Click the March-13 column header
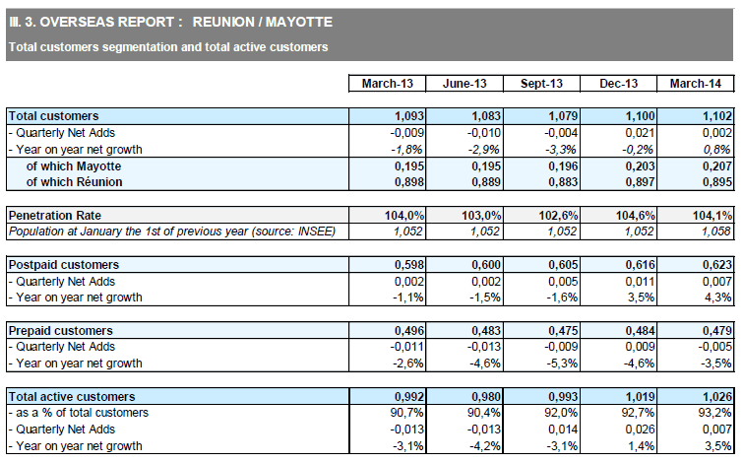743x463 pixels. click(387, 84)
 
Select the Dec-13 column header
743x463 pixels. click(618, 84)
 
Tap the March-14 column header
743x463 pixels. click(695, 84)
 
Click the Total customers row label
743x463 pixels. click(53, 116)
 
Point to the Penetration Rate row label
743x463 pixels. click(55, 216)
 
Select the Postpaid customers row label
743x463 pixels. click(64, 265)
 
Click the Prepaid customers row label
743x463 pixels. click(61, 331)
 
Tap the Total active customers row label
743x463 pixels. click(72, 397)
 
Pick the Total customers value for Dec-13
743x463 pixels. click(640, 116)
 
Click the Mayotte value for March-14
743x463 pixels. click(717, 166)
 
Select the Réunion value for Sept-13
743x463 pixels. click(563, 182)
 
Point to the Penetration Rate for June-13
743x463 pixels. click(481, 216)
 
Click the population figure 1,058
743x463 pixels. click(716, 231)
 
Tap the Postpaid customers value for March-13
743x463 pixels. click(409, 265)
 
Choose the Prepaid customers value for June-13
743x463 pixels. click(486, 331)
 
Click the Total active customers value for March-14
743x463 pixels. click(717, 397)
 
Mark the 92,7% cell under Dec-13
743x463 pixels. click(639, 413)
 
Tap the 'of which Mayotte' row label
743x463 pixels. click(74, 166)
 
